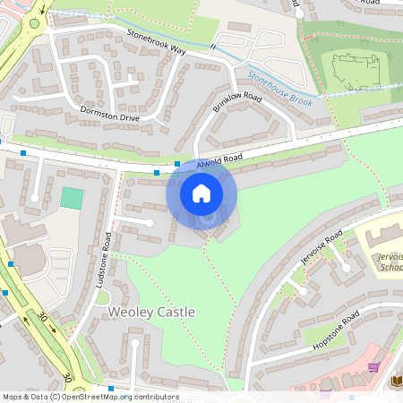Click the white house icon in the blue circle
click(x=201, y=193)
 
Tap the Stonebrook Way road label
click(x=156, y=42)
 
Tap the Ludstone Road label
click(x=107, y=260)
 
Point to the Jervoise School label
click(x=390, y=261)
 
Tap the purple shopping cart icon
click(x=373, y=366)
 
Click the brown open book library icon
click(x=397, y=381)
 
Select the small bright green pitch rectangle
click(x=72, y=198)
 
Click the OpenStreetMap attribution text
click(x=90, y=397)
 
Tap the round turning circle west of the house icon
click(x=150, y=222)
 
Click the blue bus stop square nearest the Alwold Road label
click(x=177, y=164)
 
